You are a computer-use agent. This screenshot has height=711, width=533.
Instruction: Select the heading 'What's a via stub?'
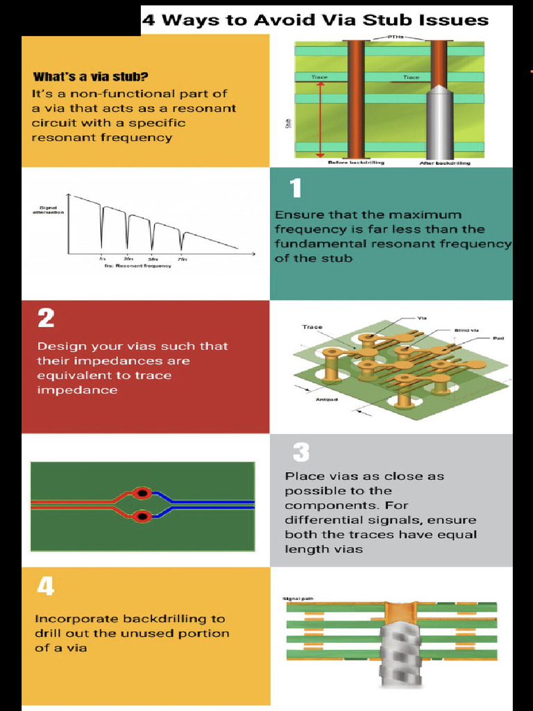90,76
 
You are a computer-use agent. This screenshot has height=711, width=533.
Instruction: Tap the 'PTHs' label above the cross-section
392,37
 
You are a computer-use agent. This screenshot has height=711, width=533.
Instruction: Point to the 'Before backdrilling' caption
356,162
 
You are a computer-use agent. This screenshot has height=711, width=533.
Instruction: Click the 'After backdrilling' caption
444,162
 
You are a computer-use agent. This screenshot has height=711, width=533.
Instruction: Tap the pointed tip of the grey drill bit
439,88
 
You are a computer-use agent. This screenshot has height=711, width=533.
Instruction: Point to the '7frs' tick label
182,259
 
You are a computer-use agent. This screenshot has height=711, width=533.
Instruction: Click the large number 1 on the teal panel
296,189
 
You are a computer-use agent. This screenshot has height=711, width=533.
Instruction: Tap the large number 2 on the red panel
46,318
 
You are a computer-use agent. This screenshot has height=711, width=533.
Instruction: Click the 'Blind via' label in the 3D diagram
466,330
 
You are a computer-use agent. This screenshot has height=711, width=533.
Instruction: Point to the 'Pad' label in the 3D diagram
498,338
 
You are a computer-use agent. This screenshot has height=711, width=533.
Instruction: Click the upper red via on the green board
142,493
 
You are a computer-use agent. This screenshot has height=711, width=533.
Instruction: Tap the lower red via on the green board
142,517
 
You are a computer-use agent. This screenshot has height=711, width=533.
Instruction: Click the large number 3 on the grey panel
301,453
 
